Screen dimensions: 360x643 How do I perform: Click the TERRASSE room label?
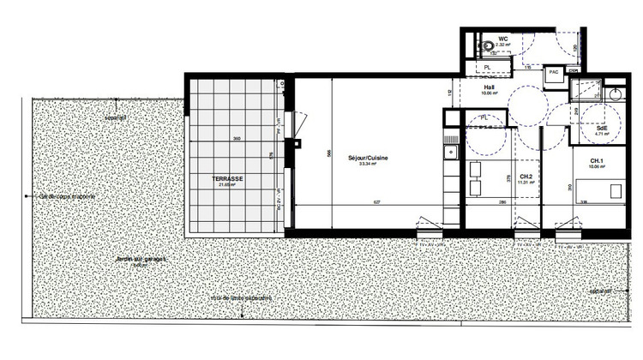tap(229, 178)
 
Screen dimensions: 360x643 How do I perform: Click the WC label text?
tap(504, 38)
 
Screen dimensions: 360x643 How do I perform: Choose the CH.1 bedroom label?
tap(597, 160)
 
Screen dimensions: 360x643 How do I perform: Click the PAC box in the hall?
tap(554, 72)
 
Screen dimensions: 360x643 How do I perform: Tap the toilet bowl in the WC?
tap(485, 45)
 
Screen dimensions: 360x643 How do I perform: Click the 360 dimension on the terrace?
tap(237, 139)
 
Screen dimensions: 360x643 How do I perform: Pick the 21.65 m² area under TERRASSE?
tap(228, 185)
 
